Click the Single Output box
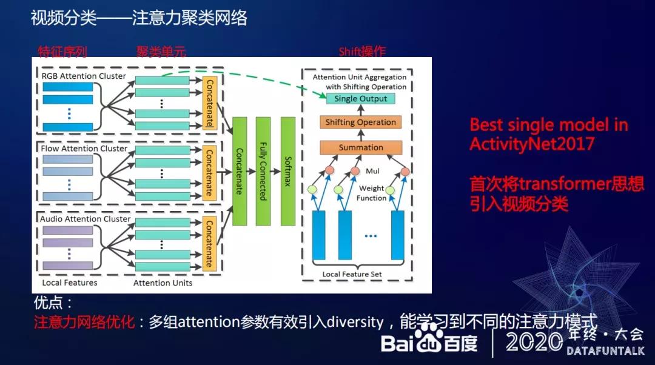360,98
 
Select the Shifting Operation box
360,122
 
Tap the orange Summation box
360,147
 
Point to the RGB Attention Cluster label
84,76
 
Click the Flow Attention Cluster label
84,148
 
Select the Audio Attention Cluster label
86,218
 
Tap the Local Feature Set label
352,275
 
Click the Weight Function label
371,193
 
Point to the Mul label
372,172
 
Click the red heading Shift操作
362,52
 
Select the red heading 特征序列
62,52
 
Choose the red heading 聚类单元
161,52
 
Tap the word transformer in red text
559,183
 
